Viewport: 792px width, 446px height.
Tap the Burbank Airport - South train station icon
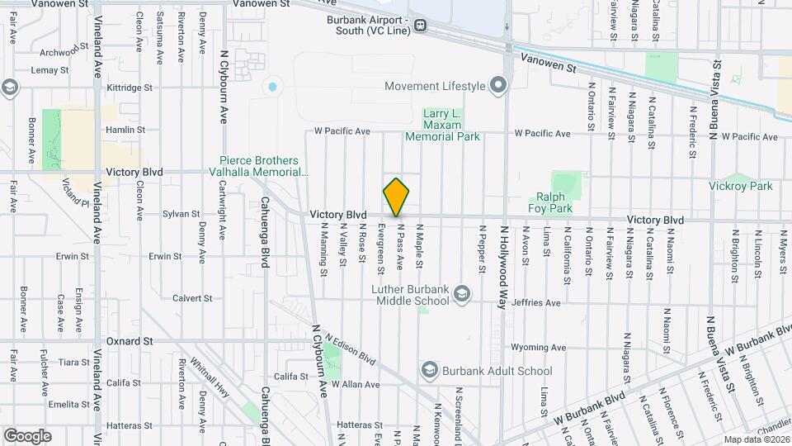pos(421,25)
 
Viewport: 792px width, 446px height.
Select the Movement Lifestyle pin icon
pos(497,85)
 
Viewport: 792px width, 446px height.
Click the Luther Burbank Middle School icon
pos(462,292)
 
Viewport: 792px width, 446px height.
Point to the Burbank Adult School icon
pos(429,370)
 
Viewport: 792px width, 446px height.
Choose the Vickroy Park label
pos(741,186)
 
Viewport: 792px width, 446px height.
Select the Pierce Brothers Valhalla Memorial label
pos(263,166)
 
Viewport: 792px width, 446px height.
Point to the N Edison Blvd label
pos(351,350)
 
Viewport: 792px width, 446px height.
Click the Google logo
pos(27,435)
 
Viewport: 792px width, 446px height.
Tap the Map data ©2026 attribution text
pos(756,439)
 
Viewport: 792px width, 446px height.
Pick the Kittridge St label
pos(130,87)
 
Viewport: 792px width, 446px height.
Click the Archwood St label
pos(58,54)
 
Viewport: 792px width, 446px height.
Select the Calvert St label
pos(193,298)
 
